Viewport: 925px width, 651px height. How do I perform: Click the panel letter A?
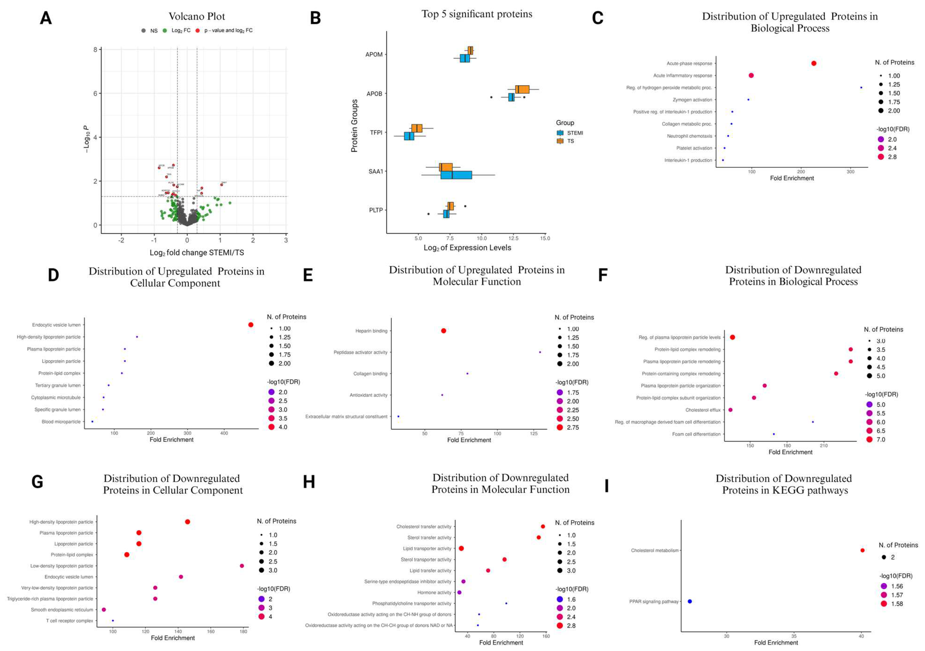tap(45, 18)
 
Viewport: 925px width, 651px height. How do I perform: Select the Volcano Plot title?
tap(197, 17)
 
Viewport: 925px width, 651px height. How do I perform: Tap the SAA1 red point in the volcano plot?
tap(222, 185)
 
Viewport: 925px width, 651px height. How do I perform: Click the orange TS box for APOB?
tap(522, 89)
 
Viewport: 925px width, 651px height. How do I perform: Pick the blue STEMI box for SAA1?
tap(456, 175)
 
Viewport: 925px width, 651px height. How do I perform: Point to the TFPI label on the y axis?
tap(376, 132)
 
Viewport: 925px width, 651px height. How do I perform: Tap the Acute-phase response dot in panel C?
tap(814, 63)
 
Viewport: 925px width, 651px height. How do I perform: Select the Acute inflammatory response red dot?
tap(751, 75)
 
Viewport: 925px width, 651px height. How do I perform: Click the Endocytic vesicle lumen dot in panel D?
tap(251, 325)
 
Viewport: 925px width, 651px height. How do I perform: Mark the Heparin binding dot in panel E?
tap(444, 331)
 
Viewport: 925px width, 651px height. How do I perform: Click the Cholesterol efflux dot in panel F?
tap(730, 410)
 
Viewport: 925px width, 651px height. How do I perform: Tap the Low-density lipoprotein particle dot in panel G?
tap(242, 566)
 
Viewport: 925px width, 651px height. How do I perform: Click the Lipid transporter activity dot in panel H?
tap(461, 548)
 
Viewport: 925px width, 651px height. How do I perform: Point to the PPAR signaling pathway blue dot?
tap(690, 601)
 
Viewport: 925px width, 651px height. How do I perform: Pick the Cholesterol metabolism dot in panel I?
tap(862, 550)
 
